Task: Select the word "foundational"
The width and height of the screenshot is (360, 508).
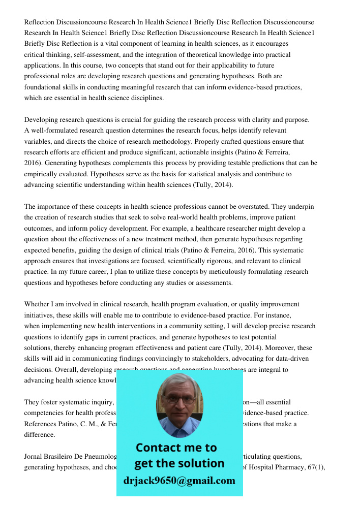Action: (x=42, y=87)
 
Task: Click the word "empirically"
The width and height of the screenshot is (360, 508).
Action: (x=41, y=174)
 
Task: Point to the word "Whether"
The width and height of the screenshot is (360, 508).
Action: (x=37, y=304)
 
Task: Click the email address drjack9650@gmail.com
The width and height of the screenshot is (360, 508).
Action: (x=179, y=481)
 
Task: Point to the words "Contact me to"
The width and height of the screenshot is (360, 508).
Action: (x=176, y=448)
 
